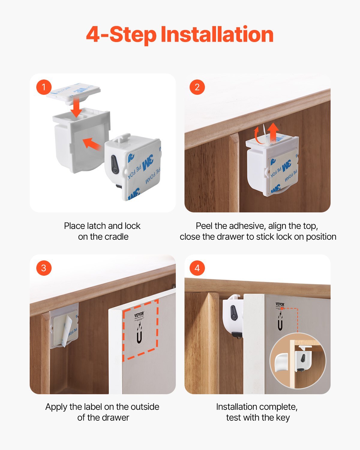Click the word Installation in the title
coord(217,34)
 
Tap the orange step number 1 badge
coord(44,87)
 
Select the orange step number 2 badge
coord(197,87)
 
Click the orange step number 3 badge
coord(44,268)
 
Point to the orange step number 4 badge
coord(197,268)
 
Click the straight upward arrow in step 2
coord(273,132)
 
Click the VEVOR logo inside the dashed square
coord(139,315)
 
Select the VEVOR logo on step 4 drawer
coord(280,304)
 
